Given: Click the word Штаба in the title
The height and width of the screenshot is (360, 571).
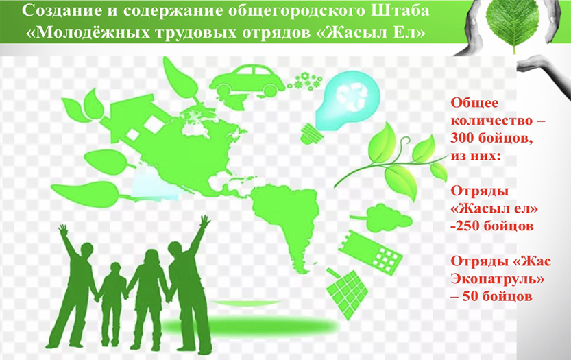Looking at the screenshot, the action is click(400, 10).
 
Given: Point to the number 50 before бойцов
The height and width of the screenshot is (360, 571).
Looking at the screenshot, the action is click(470, 296).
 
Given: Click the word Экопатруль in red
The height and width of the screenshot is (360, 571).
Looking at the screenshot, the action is click(494, 280).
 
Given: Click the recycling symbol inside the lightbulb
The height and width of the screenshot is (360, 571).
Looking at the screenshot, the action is click(349, 97).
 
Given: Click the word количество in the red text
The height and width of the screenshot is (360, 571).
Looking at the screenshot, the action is click(491, 121).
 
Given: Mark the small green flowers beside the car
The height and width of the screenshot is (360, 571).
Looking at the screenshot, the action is click(304, 82).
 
